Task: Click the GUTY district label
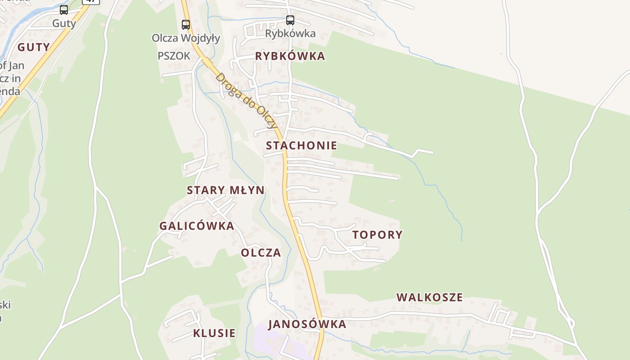coord(34,47)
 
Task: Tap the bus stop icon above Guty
coord(64,10)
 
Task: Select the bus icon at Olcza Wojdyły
coord(186,24)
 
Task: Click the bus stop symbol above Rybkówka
coord(290,20)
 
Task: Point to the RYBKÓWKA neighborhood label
coord(290,56)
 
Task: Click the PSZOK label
coord(174,56)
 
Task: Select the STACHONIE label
coord(301,145)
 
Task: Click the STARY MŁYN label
coord(225,190)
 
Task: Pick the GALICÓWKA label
coord(197,226)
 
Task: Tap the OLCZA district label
coord(261,253)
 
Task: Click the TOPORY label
coord(377,235)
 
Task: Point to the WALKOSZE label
coord(429,297)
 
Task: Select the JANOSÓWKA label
coord(307,324)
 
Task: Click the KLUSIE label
coord(214,333)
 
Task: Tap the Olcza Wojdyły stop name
coord(186,38)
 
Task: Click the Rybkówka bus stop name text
coord(290,33)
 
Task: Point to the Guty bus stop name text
coord(64,23)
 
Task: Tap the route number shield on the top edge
coord(91,1)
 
